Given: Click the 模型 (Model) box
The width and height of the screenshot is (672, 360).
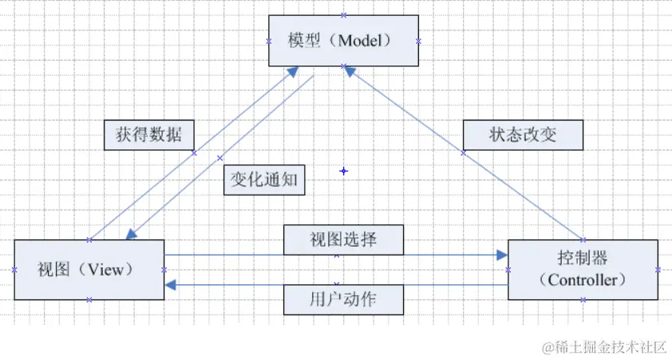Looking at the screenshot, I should [343, 40].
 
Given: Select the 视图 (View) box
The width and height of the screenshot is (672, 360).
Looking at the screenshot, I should [89, 269].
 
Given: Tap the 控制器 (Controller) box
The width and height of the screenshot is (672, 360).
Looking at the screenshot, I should [583, 269].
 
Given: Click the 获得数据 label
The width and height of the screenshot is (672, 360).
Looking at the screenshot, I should [148, 135].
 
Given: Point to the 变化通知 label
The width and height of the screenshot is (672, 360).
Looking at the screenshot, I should [263, 180].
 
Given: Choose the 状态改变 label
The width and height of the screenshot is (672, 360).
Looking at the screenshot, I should [523, 134].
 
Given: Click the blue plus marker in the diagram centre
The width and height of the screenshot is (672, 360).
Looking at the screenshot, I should [344, 171].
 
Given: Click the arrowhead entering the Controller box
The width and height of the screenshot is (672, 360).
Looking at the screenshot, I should [501, 255].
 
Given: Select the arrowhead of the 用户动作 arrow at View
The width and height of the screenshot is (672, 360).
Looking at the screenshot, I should [171, 284].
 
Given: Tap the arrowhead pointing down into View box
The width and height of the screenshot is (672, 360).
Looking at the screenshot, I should [132, 234].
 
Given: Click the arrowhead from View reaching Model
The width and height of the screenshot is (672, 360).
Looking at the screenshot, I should [292, 71].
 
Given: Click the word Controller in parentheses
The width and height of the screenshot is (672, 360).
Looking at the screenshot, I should [583, 280].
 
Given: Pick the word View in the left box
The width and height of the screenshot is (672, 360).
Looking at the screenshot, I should [105, 270].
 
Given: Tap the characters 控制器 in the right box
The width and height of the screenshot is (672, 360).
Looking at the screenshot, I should [583, 259].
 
